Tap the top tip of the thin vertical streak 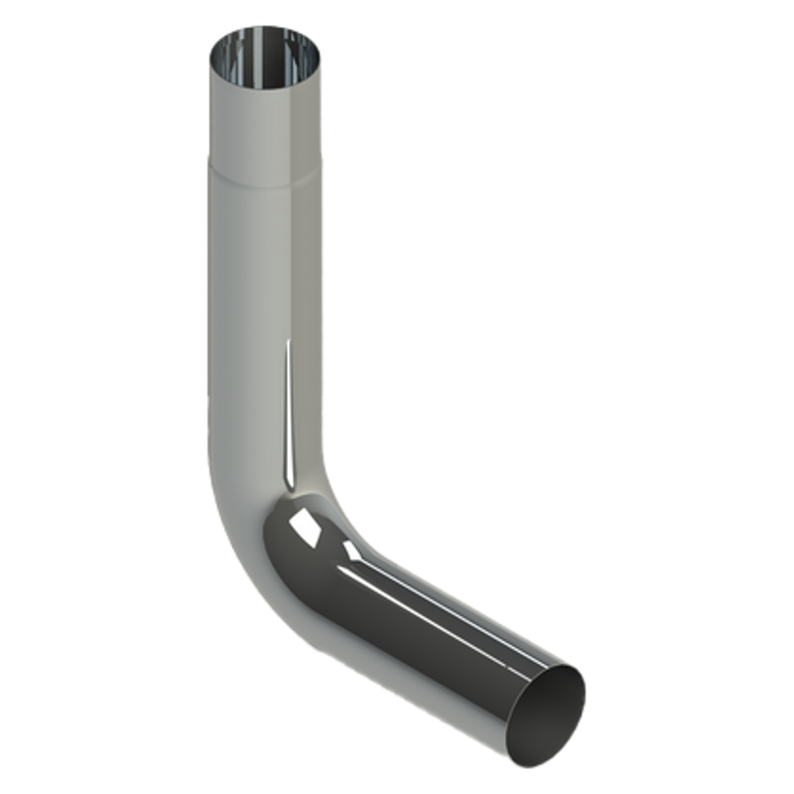(289, 342)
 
